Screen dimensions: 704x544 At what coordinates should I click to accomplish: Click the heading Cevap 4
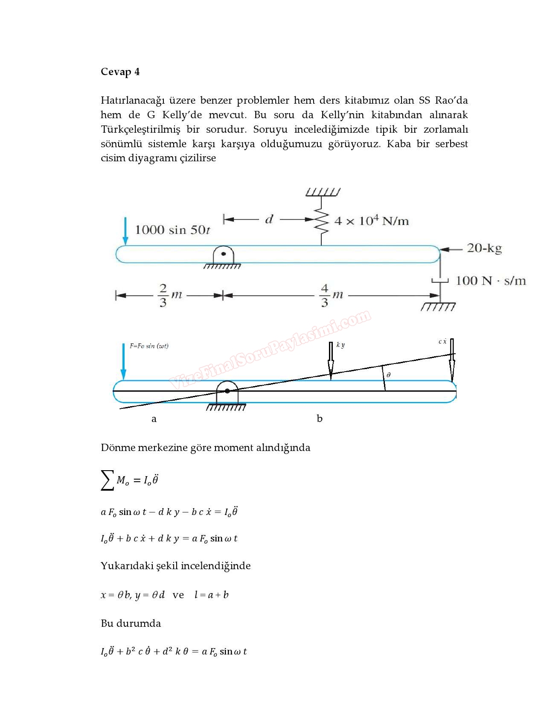click(x=120, y=72)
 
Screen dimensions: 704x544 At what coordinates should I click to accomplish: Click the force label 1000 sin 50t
click(x=172, y=230)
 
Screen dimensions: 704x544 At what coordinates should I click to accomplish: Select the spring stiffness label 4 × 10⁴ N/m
click(x=371, y=221)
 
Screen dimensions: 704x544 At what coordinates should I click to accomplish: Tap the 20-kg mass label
click(x=484, y=248)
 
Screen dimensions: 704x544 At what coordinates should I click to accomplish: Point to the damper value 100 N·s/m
click(x=491, y=281)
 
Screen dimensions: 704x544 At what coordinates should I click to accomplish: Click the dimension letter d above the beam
click(x=269, y=220)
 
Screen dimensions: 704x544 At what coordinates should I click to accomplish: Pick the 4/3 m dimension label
click(x=332, y=295)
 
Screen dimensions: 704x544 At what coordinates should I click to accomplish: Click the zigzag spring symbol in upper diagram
click(x=322, y=221)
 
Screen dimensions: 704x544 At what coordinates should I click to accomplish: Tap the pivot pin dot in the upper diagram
click(x=223, y=254)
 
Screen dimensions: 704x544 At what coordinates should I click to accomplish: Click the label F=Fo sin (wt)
click(x=149, y=346)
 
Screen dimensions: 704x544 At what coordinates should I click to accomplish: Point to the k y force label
click(x=340, y=345)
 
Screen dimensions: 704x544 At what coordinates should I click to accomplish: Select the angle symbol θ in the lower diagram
click(x=388, y=375)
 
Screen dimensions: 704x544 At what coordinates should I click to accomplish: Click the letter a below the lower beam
click(x=154, y=419)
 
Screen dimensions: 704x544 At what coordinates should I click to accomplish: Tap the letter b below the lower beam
click(x=320, y=419)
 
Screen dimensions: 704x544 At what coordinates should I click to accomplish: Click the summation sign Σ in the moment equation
click(x=107, y=480)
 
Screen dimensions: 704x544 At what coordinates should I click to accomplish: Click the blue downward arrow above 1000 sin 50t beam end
click(x=125, y=231)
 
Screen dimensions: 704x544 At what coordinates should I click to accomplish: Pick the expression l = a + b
click(x=211, y=595)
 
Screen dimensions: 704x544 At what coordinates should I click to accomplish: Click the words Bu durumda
click(x=131, y=623)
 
